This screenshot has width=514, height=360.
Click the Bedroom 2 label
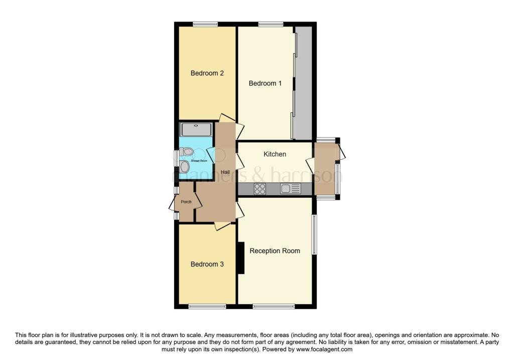click(x=207, y=73)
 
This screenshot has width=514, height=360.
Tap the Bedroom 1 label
click(x=265, y=83)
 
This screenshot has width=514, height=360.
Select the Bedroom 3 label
click(x=207, y=264)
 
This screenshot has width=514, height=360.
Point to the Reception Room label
click(x=275, y=251)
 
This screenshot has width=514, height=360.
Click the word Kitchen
click(x=275, y=154)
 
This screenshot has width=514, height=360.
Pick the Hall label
click(x=225, y=172)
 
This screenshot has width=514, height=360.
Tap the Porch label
click(x=186, y=202)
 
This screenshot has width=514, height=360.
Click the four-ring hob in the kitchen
click(x=260, y=189)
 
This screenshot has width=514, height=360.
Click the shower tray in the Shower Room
click(x=196, y=130)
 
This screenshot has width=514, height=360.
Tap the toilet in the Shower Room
click(x=187, y=151)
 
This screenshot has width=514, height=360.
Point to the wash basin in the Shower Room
click(x=185, y=166)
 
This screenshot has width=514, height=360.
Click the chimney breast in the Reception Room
click(x=240, y=258)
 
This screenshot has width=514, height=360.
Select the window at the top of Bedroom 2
click(x=205, y=24)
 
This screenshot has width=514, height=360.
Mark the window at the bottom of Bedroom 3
click(x=207, y=306)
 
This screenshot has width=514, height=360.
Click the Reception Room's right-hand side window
click(x=314, y=235)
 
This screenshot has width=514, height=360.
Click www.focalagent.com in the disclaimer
click(x=324, y=349)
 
